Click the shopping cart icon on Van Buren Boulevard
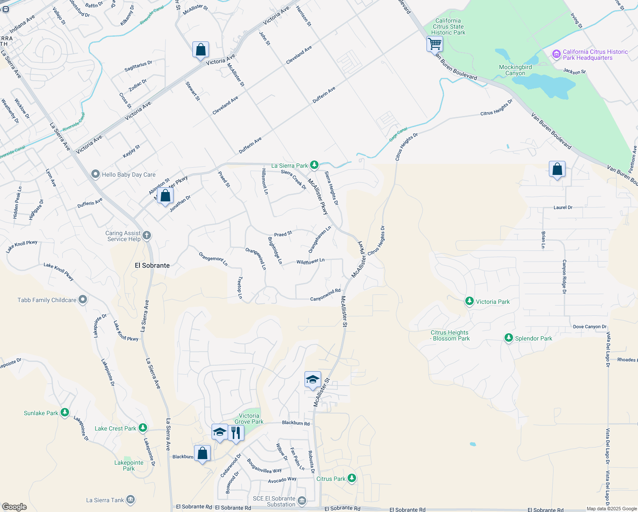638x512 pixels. [x=435, y=44]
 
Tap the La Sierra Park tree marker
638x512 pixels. [x=314, y=165]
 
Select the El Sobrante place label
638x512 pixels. [x=152, y=265]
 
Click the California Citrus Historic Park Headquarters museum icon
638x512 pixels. [x=556, y=54]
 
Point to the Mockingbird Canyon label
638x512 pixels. [x=515, y=70]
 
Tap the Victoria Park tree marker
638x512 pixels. [x=470, y=301]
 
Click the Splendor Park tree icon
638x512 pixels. [x=508, y=338]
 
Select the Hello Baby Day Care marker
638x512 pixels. [x=96, y=174]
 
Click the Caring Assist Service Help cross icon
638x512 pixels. [x=147, y=236]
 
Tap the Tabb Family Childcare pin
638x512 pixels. [x=83, y=300]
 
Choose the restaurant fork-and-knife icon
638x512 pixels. [x=236, y=433]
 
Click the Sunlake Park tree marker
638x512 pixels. [x=65, y=413]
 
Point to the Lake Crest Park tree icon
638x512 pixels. [x=143, y=428]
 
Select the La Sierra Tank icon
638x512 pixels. [x=130, y=500]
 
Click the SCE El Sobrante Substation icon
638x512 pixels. [x=302, y=500]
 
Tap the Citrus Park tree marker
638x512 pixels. [x=352, y=478]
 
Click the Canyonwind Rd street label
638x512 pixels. [x=325, y=295]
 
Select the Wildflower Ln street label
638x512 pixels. [x=310, y=262]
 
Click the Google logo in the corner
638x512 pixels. [x=14, y=507]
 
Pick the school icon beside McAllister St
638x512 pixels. [x=313, y=379]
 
